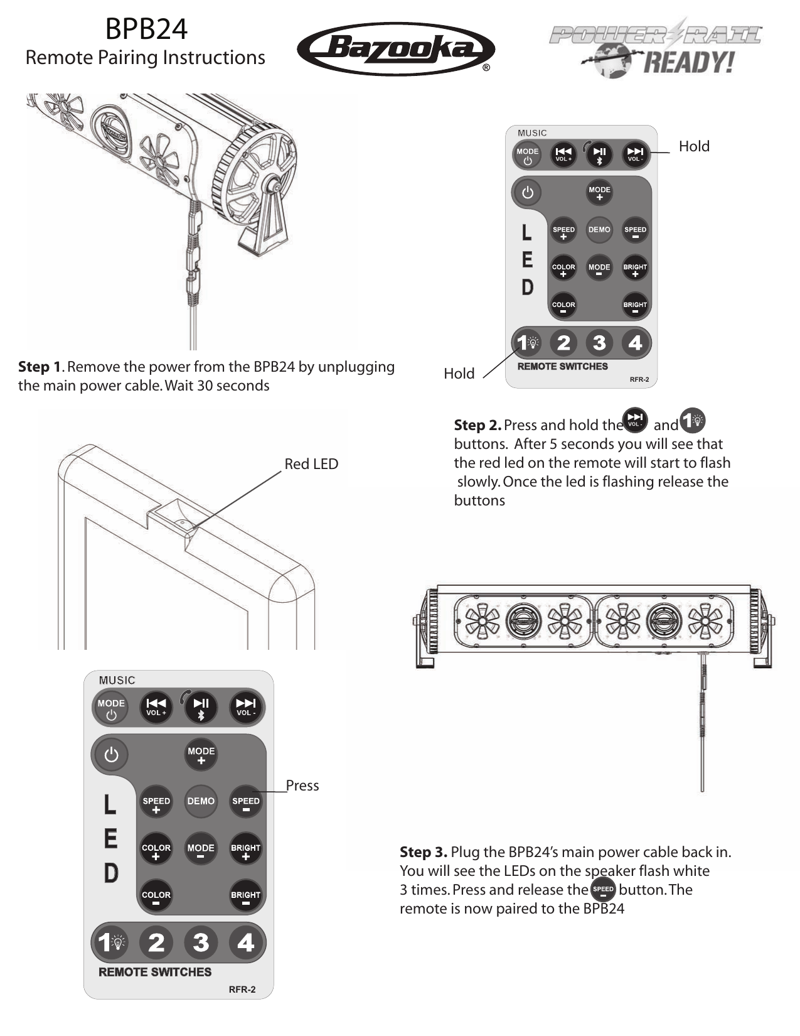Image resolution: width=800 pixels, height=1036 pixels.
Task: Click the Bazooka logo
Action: (x=395, y=49)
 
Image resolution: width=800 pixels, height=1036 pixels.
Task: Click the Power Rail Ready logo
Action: (x=656, y=48)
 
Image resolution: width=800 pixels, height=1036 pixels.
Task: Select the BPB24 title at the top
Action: (x=146, y=29)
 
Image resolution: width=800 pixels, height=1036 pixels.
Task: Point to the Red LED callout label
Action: (x=311, y=464)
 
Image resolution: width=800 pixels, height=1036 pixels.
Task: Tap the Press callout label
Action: (x=302, y=785)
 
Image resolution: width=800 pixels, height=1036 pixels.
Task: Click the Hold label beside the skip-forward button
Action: (x=694, y=146)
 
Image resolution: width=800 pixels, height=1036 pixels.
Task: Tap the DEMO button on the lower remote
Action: (x=201, y=801)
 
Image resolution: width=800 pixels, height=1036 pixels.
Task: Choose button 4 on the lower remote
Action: (x=246, y=942)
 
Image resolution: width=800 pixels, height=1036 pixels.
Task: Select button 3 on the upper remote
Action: (x=599, y=343)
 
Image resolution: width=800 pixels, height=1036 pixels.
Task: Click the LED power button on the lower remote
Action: (x=112, y=754)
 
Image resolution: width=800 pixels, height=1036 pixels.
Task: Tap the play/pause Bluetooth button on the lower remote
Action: (x=201, y=707)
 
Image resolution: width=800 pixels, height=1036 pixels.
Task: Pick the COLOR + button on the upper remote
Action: (x=563, y=269)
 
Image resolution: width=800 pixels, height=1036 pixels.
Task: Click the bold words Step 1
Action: (x=40, y=367)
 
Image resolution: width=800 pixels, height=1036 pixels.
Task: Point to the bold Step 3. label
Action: (x=424, y=852)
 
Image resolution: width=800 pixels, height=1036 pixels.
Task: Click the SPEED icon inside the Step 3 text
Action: (x=603, y=890)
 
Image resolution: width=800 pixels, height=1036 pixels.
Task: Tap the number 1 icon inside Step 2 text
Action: (x=693, y=421)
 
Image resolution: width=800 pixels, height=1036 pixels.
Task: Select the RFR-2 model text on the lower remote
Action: (x=242, y=990)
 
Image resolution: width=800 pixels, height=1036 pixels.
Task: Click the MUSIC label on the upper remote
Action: (x=532, y=133)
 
